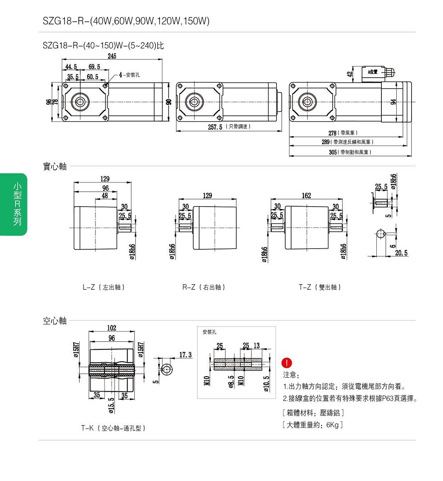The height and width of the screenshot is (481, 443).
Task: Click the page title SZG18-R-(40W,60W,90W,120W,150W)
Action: tap(126, 21)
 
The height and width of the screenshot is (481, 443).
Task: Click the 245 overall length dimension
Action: tap(112, 56)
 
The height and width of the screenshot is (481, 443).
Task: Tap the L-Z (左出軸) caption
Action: tap(104, 287)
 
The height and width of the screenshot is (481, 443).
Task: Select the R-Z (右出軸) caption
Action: tap(204, 287)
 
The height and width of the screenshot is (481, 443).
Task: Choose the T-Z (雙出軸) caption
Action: tap(320, 287)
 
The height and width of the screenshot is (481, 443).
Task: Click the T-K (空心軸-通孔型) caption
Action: tap(113, 428)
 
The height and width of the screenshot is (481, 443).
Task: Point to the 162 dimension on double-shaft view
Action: tap(306, 196)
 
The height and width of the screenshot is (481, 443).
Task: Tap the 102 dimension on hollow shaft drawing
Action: tap(112, 328)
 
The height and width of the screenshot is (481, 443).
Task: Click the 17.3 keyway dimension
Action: tap(185, 355)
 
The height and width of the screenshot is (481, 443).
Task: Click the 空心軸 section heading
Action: tap(54, 321)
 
